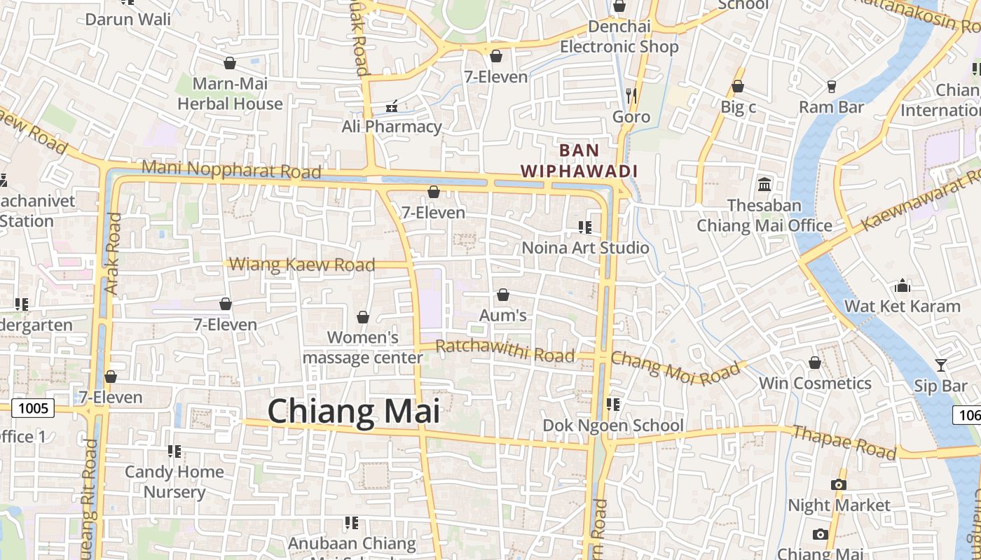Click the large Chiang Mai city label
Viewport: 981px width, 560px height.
click(x=354, y=411)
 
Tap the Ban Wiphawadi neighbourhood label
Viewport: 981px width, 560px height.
click(x=579, y=161)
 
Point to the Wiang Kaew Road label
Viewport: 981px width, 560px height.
click(x=302, y=265)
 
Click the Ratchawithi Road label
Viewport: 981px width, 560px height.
click(x=505, y=351)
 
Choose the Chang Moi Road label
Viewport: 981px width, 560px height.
click(x=675, y=367)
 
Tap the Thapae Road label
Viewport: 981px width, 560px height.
click(x=844, y=442)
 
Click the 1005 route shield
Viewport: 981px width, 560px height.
click(x=33, y=408)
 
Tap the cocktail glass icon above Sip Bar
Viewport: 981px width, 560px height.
click(x=940, y=365)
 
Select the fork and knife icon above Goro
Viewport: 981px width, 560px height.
click(x=631, y=95)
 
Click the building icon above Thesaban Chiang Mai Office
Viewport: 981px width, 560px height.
click(x=764, y=185)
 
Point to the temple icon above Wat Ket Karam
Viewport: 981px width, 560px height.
click(x=903, y=286)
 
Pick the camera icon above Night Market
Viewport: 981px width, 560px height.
click(x=839, y=484)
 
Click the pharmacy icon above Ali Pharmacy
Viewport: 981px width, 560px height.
click(x=392, y=106)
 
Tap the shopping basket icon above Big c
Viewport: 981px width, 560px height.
click(x=738, y=87)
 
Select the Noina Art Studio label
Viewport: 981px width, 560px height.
click(x=586, y=248)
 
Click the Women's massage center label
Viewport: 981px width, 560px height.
click(x=363, y=348)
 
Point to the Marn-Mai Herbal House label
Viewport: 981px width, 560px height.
click(x=230, y=94)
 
